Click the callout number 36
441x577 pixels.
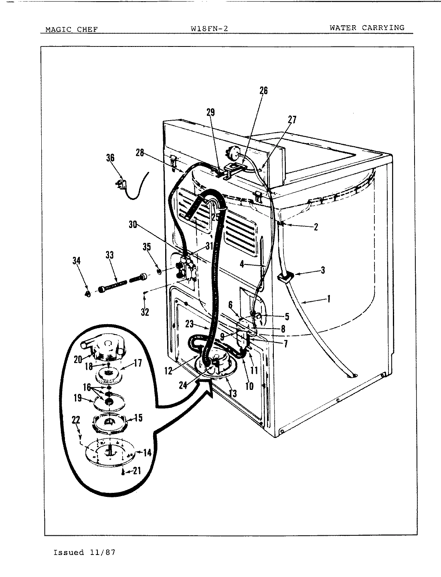click(110, 158)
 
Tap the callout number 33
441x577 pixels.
click(109, 254)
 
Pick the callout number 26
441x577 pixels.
click(263, 91)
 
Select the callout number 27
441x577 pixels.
click(292, 120)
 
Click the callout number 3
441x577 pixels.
click(323, 270)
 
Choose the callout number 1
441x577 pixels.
click(328, 299)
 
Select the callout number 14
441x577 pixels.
click(147, 453)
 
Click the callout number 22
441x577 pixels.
click(76, 420)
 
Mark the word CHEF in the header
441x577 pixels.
click(85, 29)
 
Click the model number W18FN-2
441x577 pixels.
click(210, 29)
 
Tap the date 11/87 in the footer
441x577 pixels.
click(104, 553)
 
